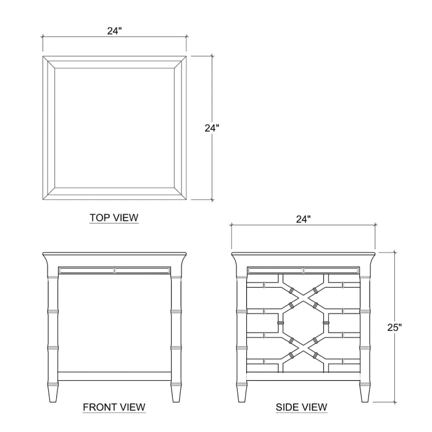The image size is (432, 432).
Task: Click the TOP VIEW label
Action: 114,217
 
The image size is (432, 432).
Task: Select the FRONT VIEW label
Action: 114,407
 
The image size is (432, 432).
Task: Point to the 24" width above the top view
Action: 114,30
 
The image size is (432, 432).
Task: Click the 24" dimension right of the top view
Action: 212,128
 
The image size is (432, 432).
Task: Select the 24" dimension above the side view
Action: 303,219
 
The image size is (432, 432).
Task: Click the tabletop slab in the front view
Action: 114,256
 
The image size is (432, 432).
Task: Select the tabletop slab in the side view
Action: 303,256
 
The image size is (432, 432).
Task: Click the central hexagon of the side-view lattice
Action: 303,323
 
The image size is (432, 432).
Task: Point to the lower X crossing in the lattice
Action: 303,351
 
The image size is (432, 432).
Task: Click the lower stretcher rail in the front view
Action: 114,376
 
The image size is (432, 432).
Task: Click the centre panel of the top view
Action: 114,128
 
